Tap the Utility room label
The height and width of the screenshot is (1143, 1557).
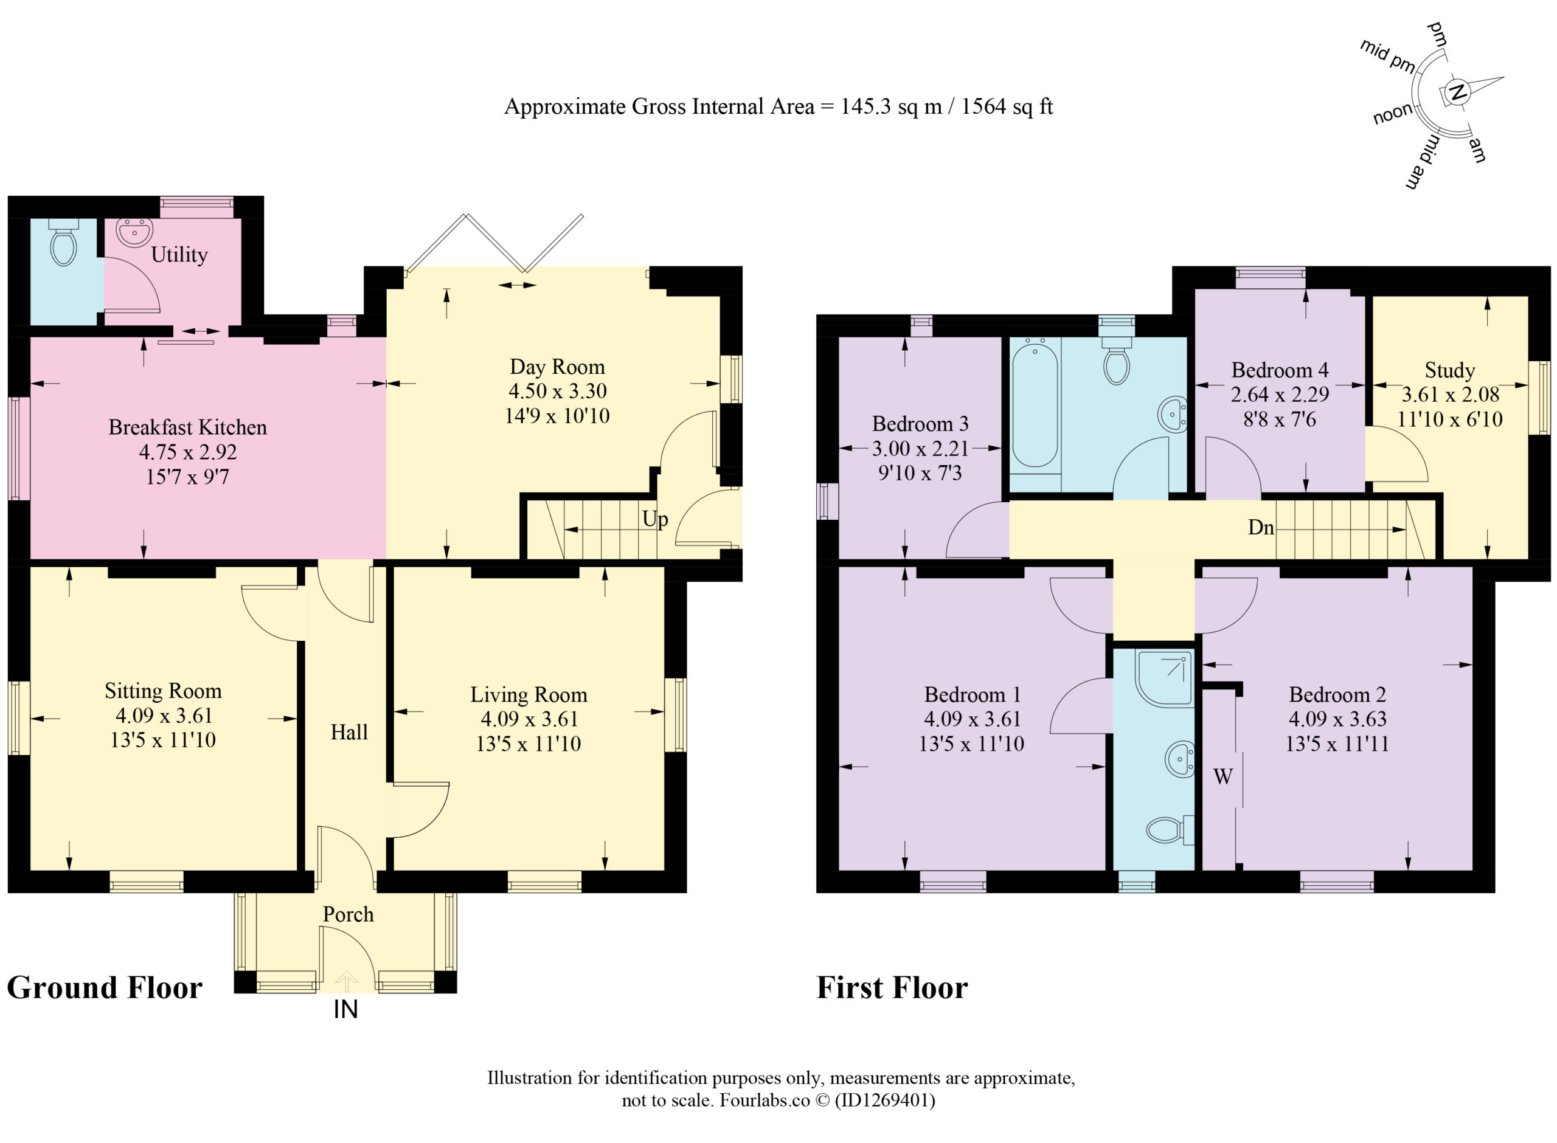179,255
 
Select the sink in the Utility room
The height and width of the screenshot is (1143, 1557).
134,232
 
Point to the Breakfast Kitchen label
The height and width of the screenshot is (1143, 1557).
187,427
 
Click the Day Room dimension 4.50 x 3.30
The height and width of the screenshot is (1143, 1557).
557,391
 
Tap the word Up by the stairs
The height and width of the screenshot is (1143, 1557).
654,519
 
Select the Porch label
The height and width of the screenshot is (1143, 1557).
348,914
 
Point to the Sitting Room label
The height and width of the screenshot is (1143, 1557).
164,691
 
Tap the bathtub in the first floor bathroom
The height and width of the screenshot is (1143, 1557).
1035,406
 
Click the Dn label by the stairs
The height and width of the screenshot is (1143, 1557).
1261,528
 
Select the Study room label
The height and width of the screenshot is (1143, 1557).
1449,370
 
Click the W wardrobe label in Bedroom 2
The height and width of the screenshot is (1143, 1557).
1222,776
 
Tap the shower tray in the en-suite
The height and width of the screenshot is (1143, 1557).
1164,678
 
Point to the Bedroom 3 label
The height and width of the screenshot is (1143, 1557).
920,423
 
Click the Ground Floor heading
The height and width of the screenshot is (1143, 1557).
105,988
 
